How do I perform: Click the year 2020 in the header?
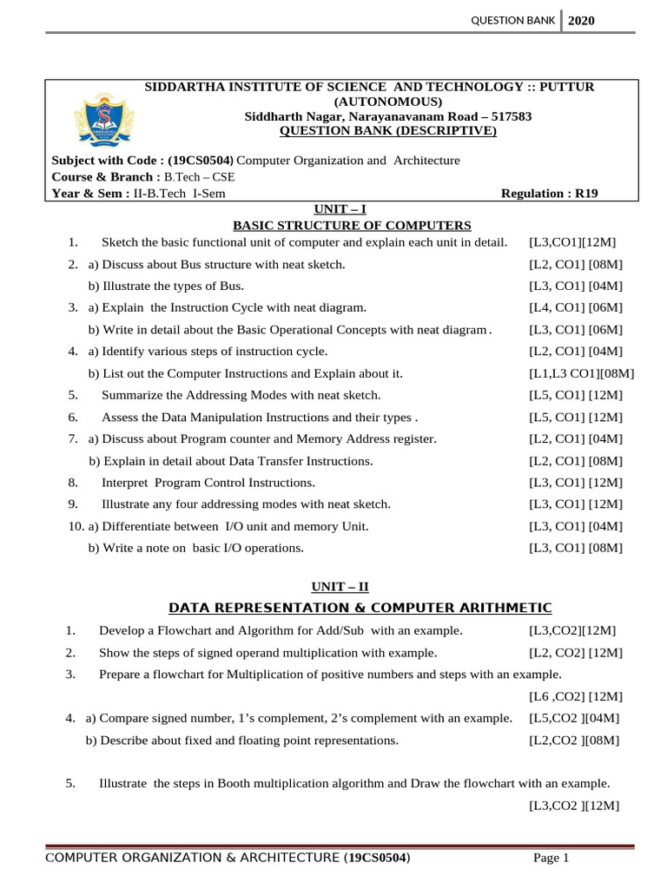pos(582,21)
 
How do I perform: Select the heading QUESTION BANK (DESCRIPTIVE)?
pos(387,131)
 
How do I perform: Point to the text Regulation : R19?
pos(550,194)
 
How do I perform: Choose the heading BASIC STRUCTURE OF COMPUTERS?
pos(352,226)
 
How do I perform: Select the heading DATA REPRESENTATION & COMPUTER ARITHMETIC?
pos(360,607)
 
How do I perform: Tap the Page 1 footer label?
pos(551,859)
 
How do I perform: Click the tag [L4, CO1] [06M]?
pos(577,307)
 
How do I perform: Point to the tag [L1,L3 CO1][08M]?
pos(582,373)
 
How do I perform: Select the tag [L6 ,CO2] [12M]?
pos(576,696)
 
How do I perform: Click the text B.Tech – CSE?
pos(200,177)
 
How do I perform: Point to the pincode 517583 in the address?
pos(509,116)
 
